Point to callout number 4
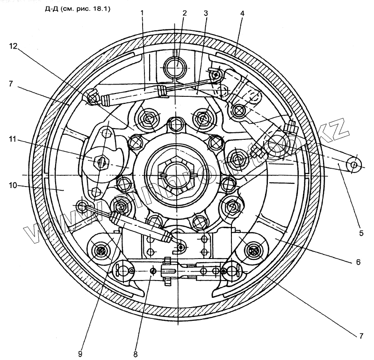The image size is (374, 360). pos(242,14)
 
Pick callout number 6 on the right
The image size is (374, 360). pos(358,262)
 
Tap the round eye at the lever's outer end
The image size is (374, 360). pos(354,165)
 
